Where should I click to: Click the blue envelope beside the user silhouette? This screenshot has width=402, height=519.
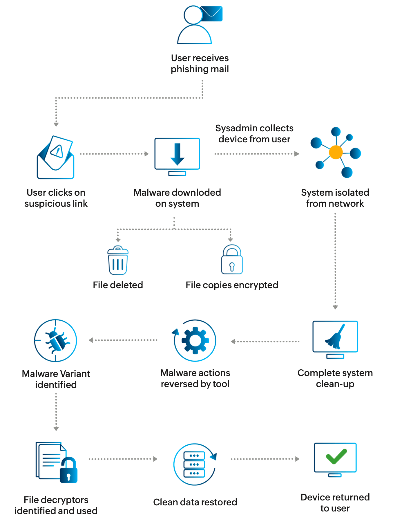click(212, 14)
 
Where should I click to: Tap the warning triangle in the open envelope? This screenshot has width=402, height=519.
click(57, 151)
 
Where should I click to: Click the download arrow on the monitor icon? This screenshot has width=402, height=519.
click(177, 154)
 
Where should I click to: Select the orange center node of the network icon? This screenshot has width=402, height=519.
click(336, 152)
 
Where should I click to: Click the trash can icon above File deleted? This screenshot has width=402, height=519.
click(118, 260)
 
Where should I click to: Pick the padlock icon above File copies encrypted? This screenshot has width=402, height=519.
click(232, 259)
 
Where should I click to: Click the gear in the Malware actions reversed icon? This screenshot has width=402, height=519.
click(195, 340)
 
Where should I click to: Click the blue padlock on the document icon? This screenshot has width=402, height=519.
click(69, 470)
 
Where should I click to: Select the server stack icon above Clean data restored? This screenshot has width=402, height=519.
click(194, 464)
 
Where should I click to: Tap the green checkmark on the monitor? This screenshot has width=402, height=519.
click(336, 456)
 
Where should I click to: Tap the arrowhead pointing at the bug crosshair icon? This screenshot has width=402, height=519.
click(91, 340)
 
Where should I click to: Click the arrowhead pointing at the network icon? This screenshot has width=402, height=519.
click(297, 154)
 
